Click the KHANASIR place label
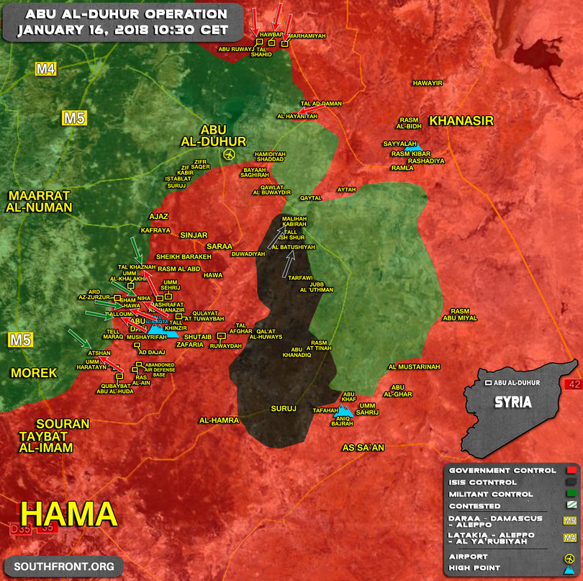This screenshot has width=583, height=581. coord(461,121)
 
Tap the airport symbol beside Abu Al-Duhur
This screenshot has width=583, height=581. coord(229,155)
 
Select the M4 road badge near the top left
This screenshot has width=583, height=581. coord(46,69)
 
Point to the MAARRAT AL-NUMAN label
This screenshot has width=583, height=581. coord(40,202)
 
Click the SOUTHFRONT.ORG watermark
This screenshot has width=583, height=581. coord(64,567)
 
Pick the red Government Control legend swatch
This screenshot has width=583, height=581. coord(572,471)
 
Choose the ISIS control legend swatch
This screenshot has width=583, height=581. coord(572,482)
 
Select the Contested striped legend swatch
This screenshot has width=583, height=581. coord(572,507)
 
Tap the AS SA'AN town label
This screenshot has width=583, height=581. coord(363,448)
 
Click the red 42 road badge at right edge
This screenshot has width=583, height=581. coord(574,384)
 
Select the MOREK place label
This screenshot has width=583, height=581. coord(34,372)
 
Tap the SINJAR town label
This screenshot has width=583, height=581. coord(193,235)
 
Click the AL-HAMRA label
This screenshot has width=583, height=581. coord(219,420)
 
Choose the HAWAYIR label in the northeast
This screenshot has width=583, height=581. coord(427,83)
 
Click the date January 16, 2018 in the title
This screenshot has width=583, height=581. coord(122,30)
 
